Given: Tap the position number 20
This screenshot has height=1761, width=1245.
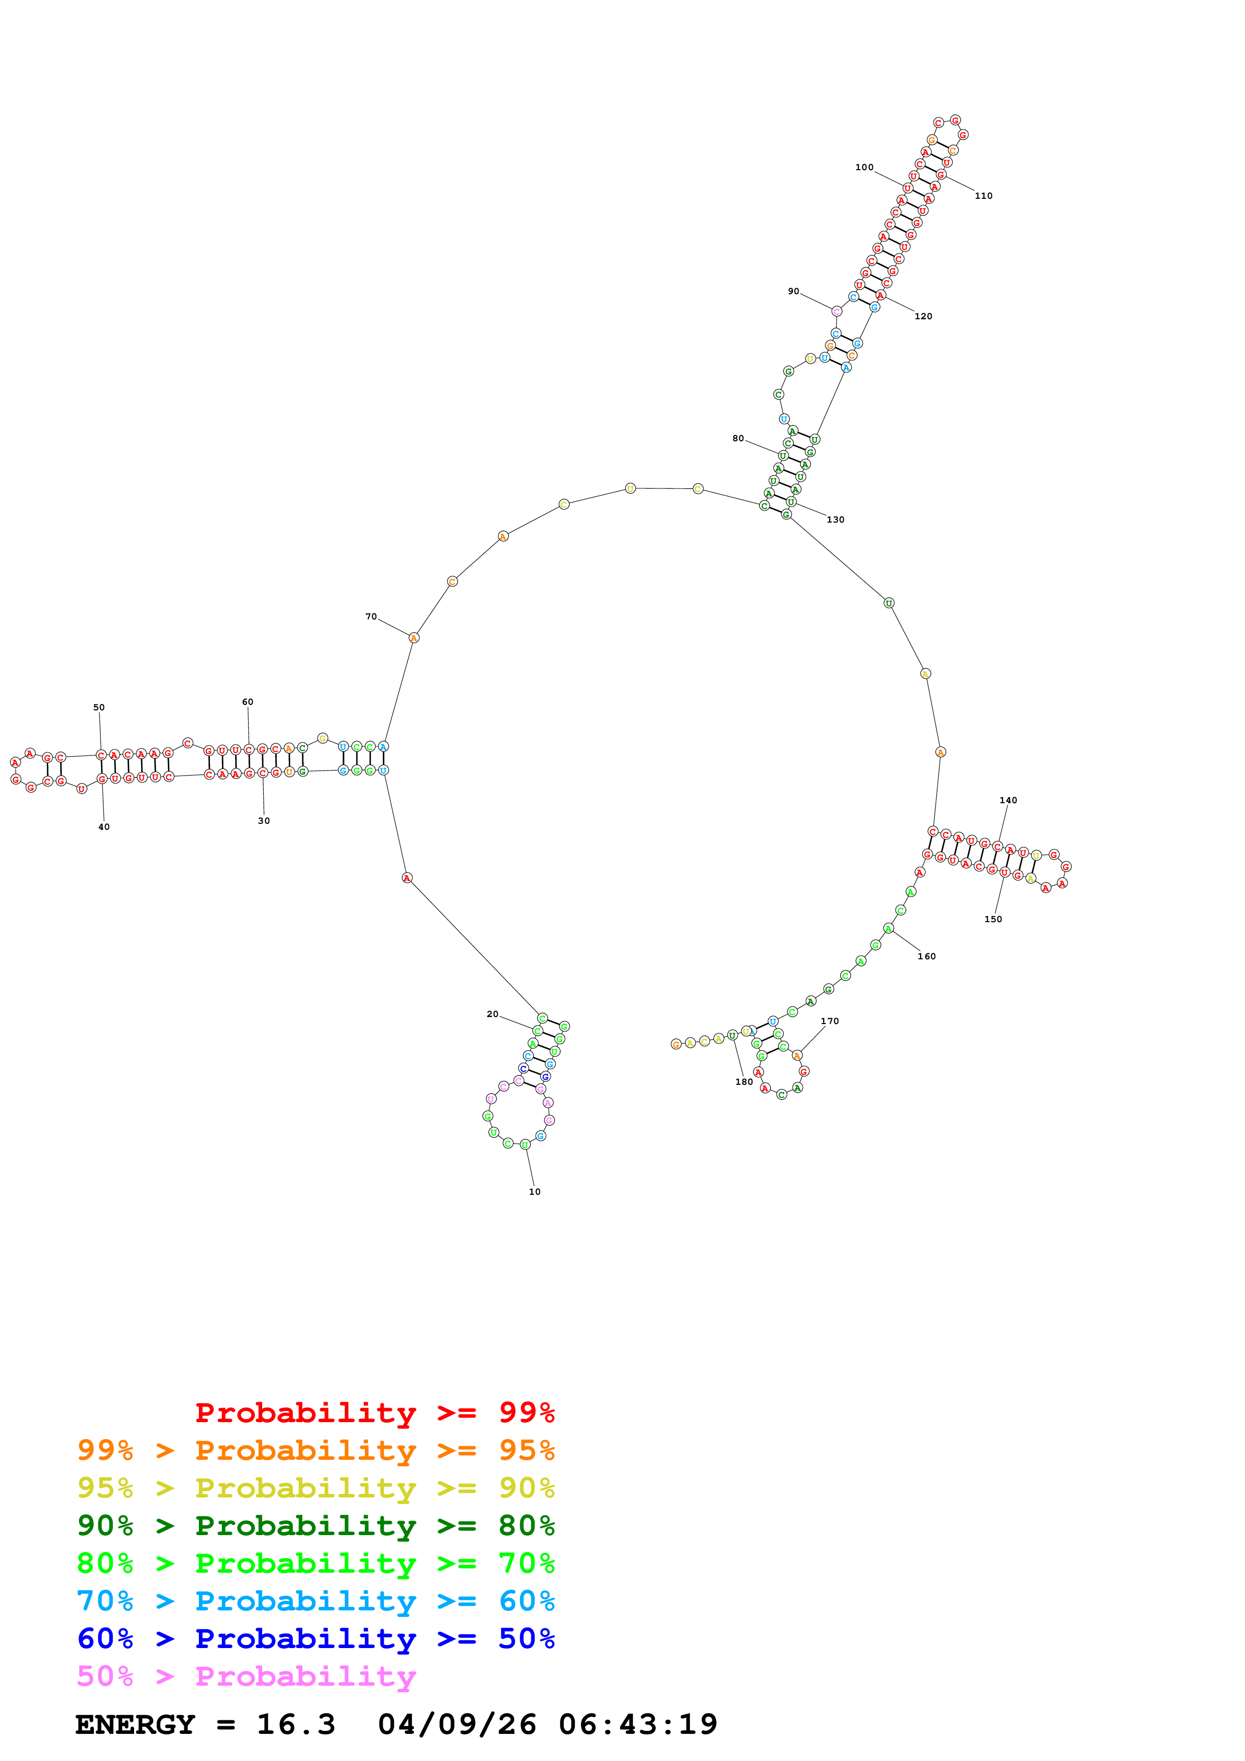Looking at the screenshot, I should coord(493,1014).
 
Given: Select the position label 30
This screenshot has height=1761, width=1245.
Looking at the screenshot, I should coord(264,821).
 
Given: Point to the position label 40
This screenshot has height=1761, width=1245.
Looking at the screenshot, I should coord(103,827).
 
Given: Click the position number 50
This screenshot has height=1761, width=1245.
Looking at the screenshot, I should coord(99,707).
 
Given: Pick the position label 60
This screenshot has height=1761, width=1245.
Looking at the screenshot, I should coord(248,702).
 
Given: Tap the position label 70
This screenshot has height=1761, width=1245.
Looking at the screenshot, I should coord(371,616).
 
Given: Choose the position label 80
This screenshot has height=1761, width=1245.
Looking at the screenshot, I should coord(738,439).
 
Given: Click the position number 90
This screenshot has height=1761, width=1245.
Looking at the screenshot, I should coord(793,292).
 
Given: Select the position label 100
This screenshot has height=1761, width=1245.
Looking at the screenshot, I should coord(864,167).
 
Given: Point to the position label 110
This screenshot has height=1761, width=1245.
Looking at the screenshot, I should coord(983,196).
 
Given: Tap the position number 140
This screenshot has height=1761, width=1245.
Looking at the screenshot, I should coord(1008,800).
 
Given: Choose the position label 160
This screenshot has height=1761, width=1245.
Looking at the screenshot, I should coord(927,956).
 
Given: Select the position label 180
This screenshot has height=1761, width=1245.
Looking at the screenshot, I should coord(744,1081).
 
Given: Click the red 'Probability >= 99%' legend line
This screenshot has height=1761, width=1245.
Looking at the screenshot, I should coord(374,1412).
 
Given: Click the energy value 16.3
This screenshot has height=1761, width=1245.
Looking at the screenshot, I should coord(296,1724).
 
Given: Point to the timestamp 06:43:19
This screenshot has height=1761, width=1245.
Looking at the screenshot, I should coord(637,1724).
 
